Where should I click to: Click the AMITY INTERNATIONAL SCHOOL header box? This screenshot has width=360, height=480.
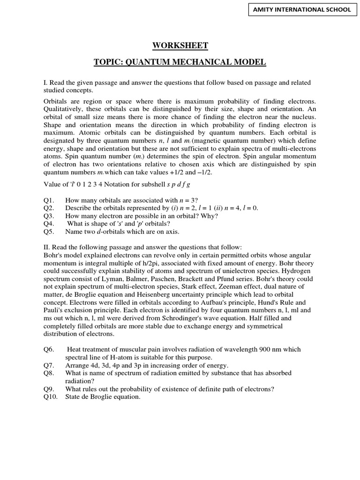click(301, 10)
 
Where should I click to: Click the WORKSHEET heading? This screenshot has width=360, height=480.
click(180, 45)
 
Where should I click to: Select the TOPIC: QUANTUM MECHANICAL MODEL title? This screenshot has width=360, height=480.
click(180, 62)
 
